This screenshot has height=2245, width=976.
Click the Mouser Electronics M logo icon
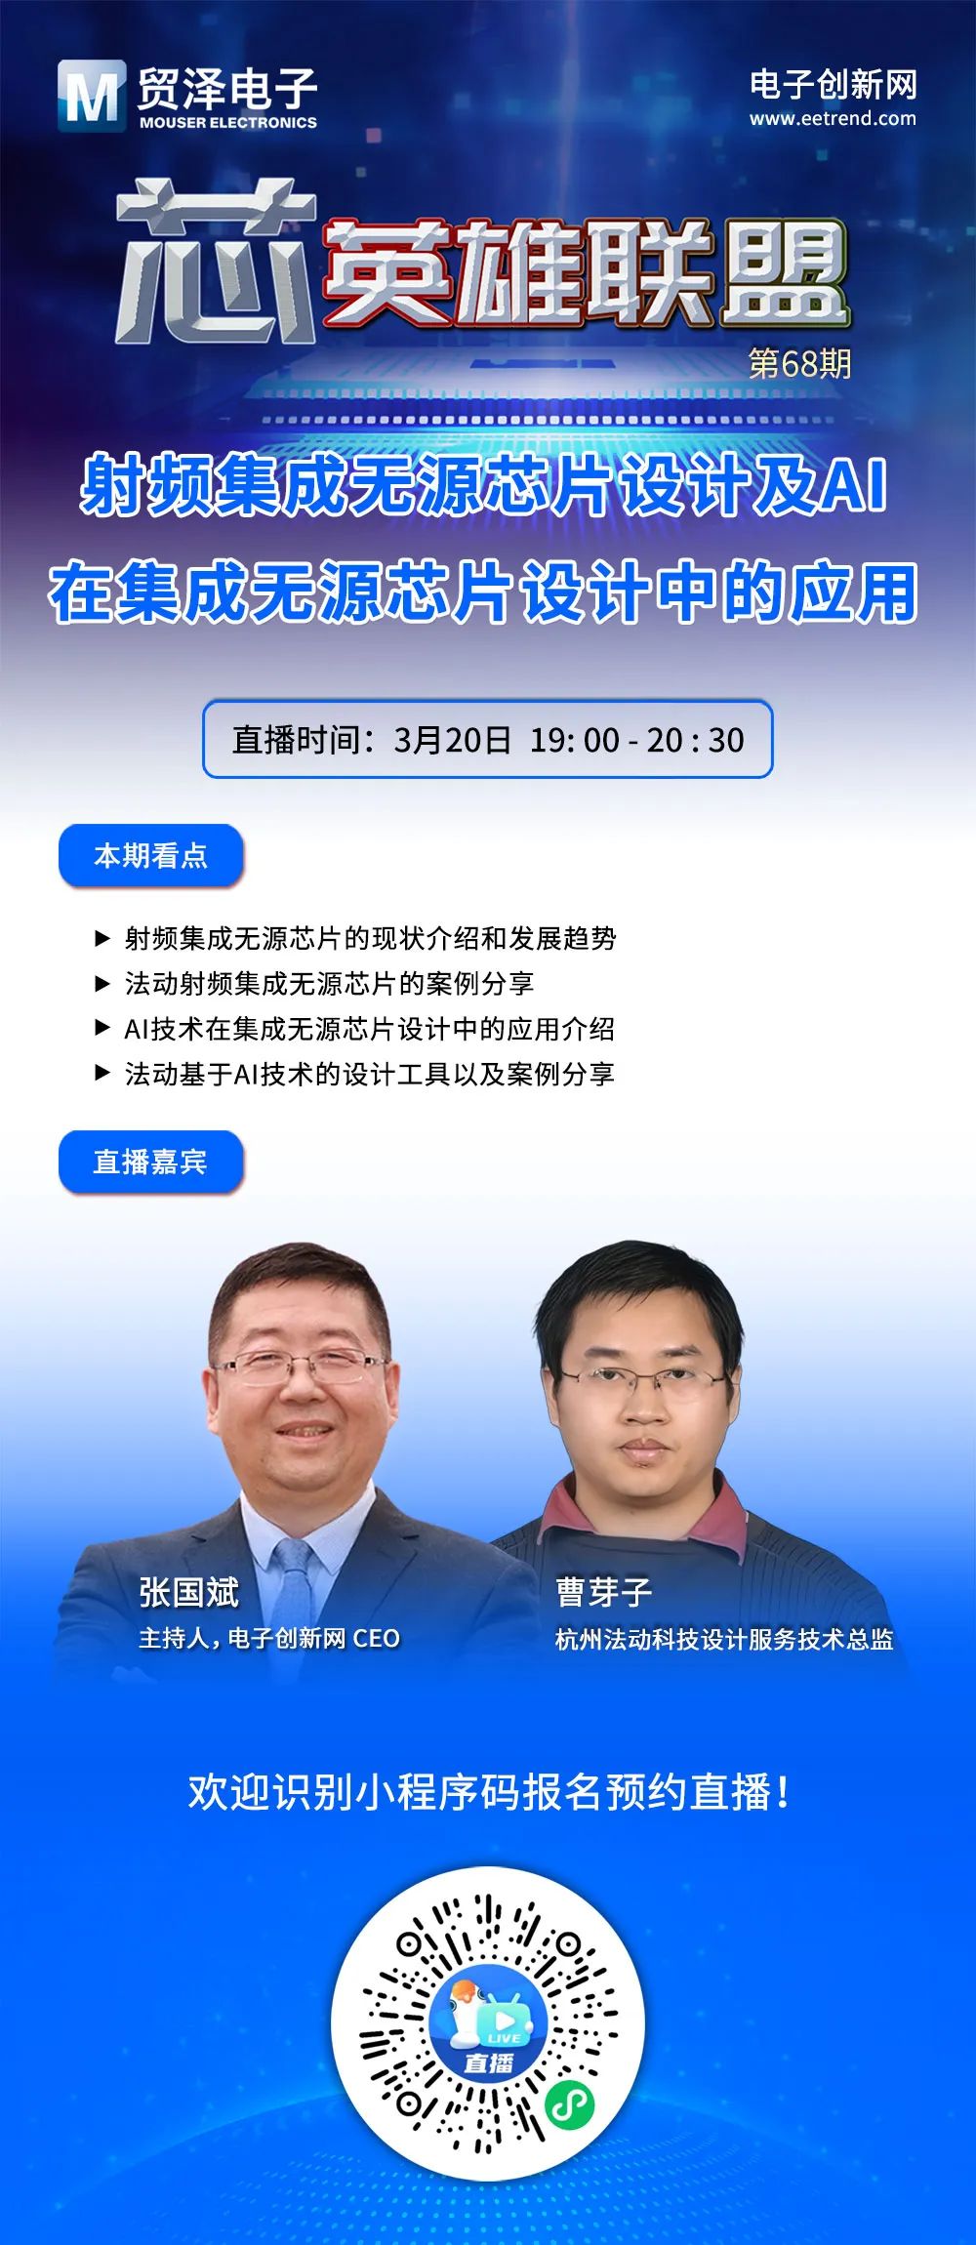pos(91,96)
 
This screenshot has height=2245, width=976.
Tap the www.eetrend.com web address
pos(833,119)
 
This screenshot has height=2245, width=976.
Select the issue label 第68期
pos(799,363)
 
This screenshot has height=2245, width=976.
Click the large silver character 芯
pos(216,261)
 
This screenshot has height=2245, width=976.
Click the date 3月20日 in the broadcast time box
pos(452,740)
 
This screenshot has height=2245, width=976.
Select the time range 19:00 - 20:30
pos(636,740)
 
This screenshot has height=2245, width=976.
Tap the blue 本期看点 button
pos(151,856)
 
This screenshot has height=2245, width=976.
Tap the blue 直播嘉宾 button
pos(151,1162)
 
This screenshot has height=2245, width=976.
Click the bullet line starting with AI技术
pos(369,1029)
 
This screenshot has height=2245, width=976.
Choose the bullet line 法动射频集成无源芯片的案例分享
pos(329,983)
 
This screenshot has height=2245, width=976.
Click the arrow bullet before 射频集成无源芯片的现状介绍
pos(102,938)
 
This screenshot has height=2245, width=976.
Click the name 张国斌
pos(188,1592)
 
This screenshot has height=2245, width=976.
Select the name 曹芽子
pos(604,1592)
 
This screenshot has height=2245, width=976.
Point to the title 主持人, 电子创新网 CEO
pos(269,1638)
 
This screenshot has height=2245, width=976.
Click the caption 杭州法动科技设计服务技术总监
pos(724,1639)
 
